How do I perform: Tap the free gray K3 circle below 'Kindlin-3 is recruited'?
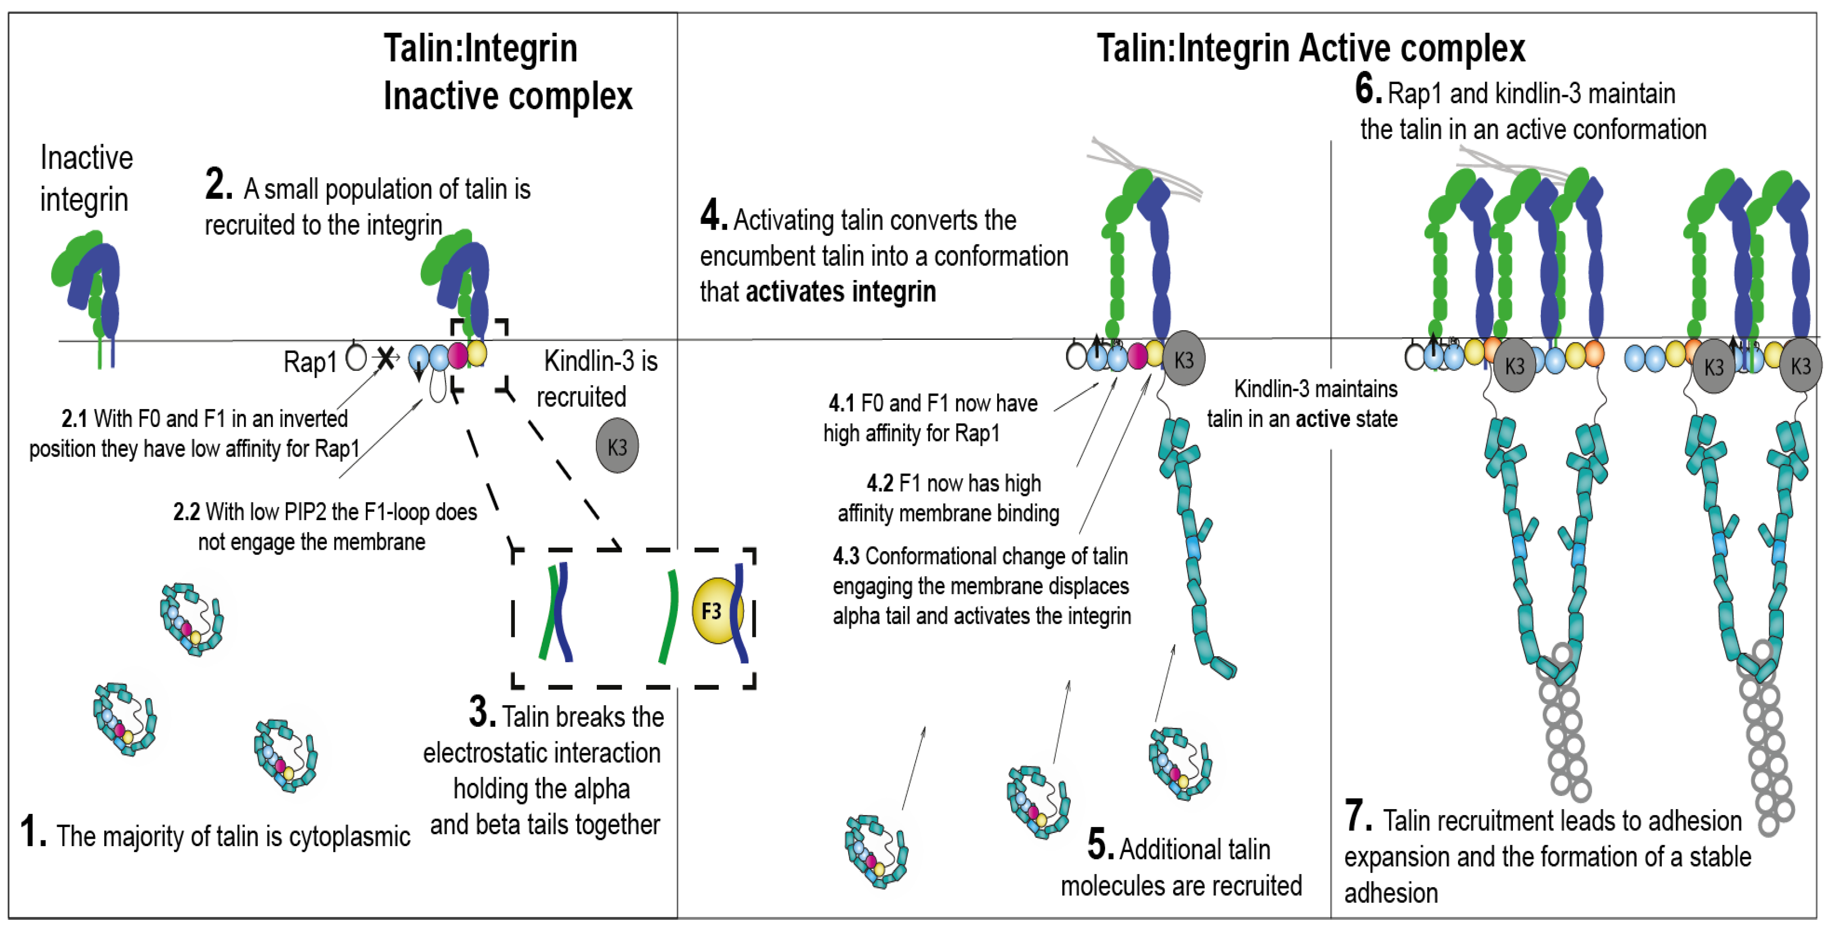617,446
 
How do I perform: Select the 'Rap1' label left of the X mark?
310,362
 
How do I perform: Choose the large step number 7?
1357,816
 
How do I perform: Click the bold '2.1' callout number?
74,419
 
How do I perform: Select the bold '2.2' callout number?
186,511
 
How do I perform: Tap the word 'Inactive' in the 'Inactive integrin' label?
87,158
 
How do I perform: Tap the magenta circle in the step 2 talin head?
457,355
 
